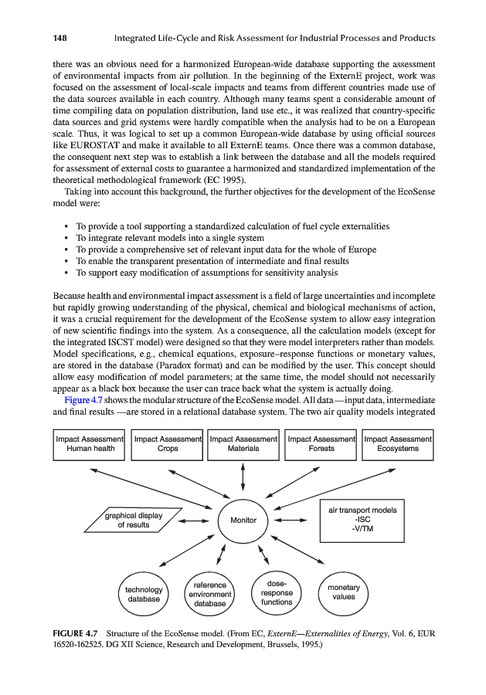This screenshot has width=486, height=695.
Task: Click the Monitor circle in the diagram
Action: (243, 520)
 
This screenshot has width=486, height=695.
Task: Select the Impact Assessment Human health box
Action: (90, 444)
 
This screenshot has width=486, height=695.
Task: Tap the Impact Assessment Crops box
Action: (167, 444)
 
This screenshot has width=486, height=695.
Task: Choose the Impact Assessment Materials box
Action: (243, 444)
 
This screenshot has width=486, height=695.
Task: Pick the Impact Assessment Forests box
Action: (321, 444)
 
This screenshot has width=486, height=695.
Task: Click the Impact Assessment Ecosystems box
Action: (398, 444)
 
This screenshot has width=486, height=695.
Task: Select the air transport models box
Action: (362, 520)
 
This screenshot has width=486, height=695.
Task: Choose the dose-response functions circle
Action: (277, 592)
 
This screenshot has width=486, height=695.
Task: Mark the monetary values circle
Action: (344, 592)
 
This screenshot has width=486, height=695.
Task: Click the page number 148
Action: (62, 38)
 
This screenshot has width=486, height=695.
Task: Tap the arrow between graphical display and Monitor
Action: (193, 520)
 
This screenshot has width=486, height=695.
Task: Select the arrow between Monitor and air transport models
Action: (291, 520)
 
